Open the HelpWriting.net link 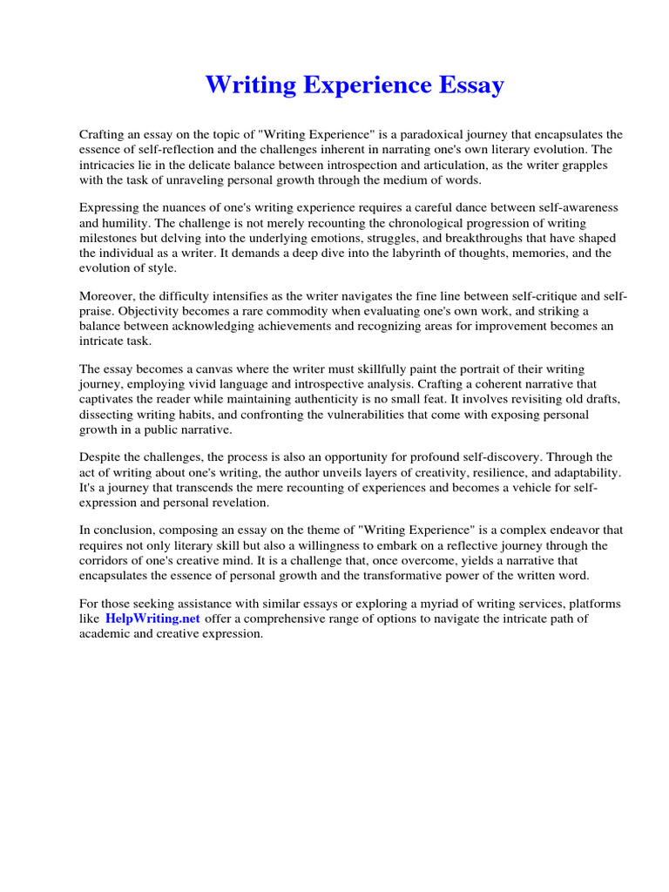(152, 618)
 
